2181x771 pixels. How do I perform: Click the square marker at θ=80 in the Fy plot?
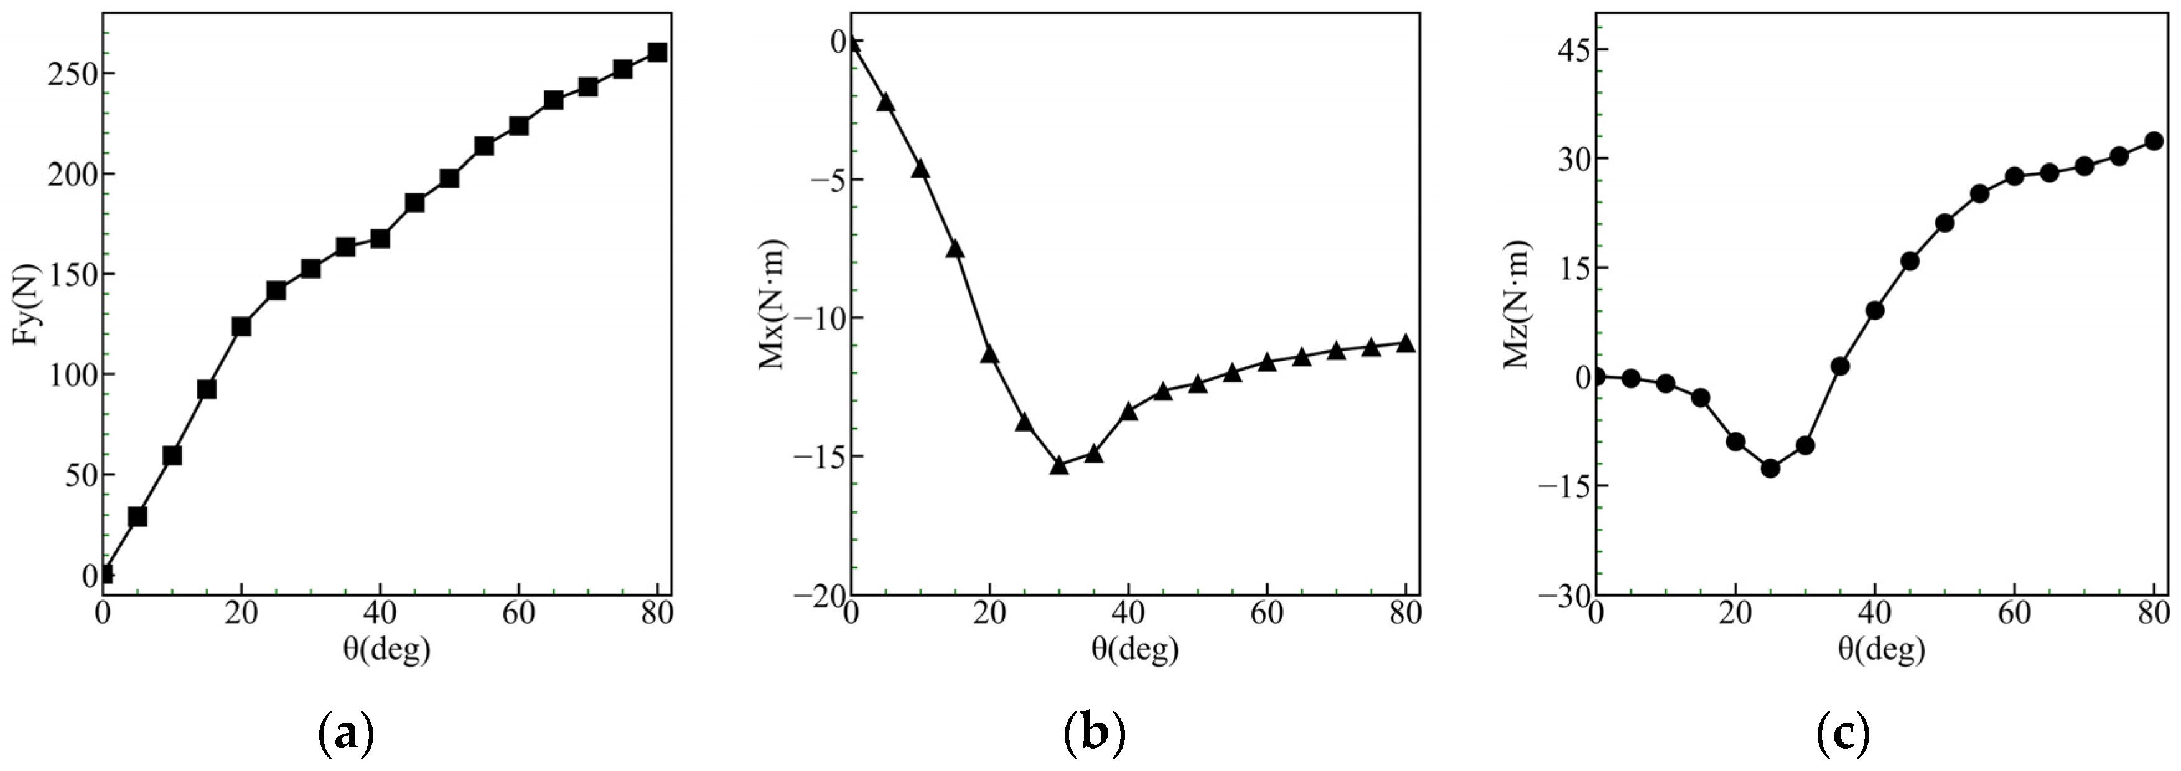tap(657, 52)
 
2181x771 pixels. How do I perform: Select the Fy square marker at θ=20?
tap(241, 326)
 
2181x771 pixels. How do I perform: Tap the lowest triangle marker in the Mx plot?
tap(1058, 464)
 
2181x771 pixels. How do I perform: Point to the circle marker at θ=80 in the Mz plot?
tap(2154, 141)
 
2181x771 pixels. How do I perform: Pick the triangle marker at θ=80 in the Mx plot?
tap(1406, 343)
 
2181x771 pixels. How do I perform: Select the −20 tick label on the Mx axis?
tap(819, 596)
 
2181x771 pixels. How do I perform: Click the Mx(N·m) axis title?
tap(772, 305)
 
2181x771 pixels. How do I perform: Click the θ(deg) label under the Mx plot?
tap(1134, 650)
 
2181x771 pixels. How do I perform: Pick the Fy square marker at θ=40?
tap(380, 239)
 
